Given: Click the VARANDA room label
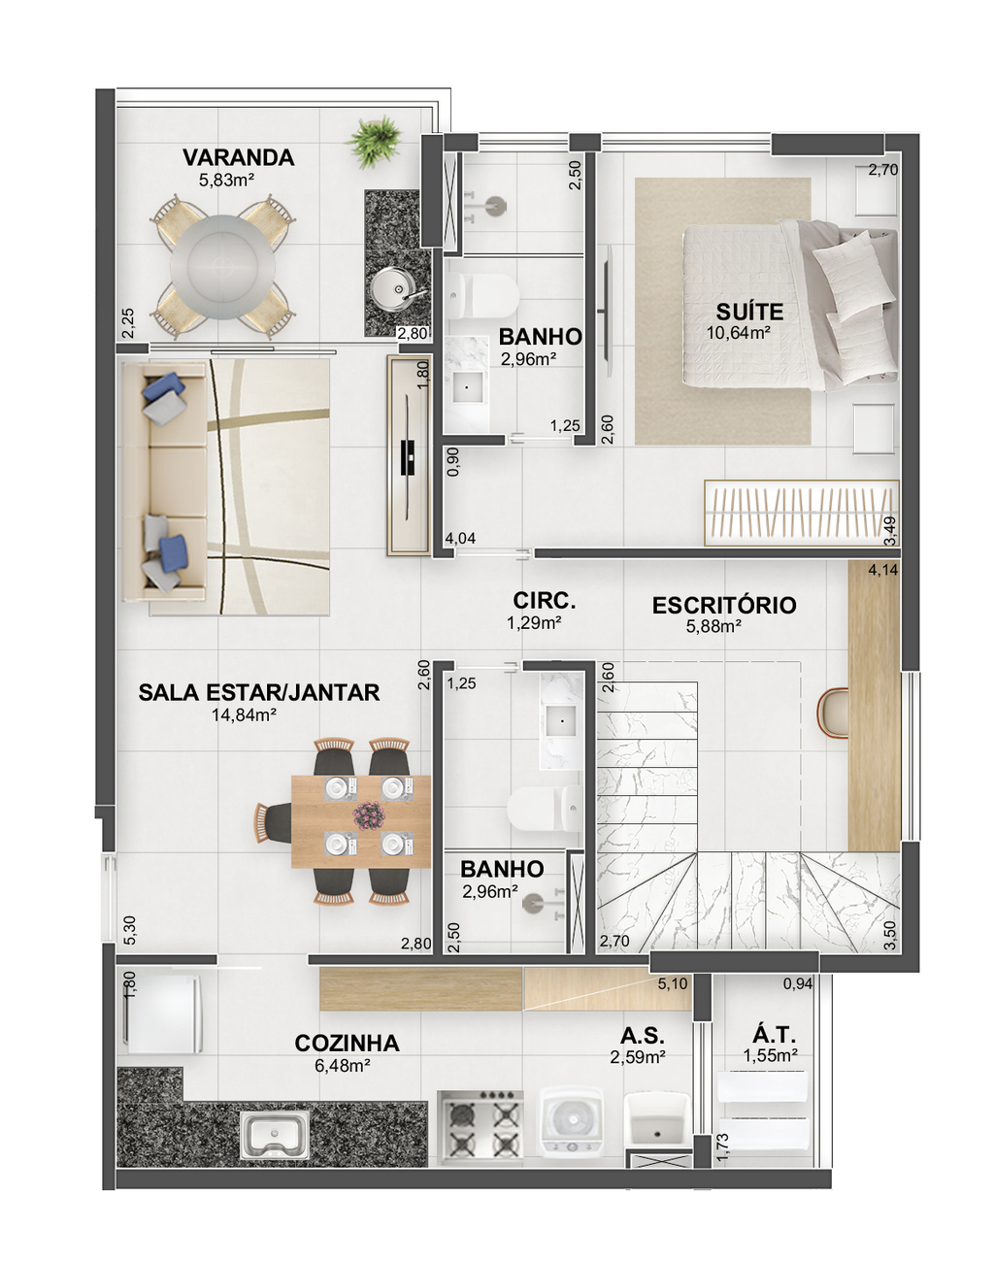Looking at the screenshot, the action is (x=238, y=157).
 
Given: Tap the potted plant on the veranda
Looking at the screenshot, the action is (x=374, y=142).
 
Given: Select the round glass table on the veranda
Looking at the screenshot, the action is (x=223, y=267).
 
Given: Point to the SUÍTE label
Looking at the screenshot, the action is (x=749, y=312).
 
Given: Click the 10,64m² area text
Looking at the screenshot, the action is (x=739, y=333).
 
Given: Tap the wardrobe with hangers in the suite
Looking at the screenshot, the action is (x=801, y=513).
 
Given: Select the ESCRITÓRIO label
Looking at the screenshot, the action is (x=724, y=605).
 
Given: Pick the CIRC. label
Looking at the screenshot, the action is (x=545, y=601).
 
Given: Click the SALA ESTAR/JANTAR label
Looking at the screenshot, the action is (x=259, y=692).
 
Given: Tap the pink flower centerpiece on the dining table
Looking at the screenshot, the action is (x=369, y=815).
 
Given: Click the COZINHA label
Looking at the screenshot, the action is (x=348, y=1044).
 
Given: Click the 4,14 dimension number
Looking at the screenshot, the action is (x=883, y=570).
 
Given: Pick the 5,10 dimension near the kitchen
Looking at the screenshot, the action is (x=673, y=983).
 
